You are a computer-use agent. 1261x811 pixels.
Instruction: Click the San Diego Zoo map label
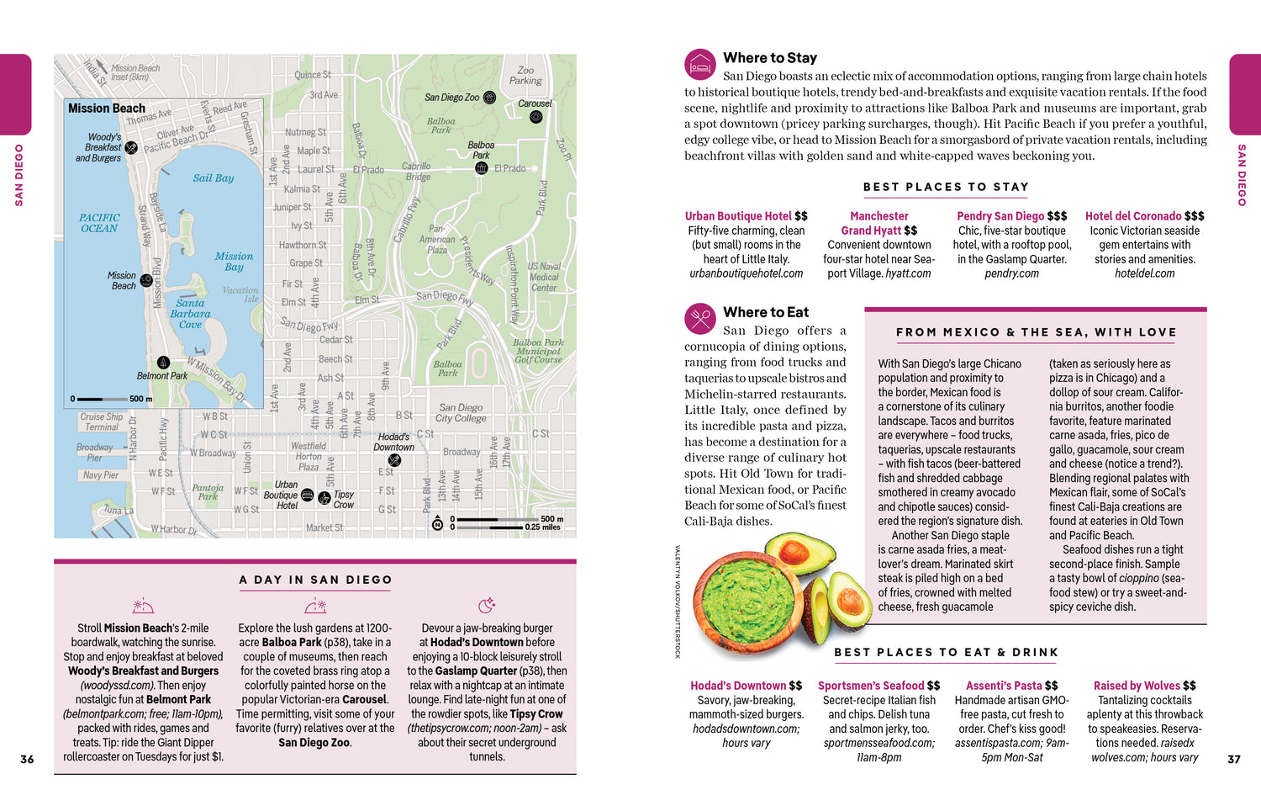click(x=451, y=98)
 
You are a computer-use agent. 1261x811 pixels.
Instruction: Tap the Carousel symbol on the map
click(x=536, y=117)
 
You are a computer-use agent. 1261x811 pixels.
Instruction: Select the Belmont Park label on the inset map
click(x=162, y=376)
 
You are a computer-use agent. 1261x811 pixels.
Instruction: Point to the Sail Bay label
click(x=214, y=178)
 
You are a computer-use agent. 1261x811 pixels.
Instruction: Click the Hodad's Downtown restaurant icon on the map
click(x=394, y=460)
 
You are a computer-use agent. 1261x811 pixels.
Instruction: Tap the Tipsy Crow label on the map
click(x=344, y=500)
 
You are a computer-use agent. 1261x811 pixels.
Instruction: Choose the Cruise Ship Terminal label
click(x=102, y=421)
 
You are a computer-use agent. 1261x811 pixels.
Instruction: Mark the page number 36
click(x=27, y=759)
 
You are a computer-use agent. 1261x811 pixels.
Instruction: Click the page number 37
click(x=1233, y=759)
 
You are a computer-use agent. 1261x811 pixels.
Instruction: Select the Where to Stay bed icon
click(x=699, y=64)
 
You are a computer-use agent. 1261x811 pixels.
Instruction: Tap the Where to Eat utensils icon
click(x=699, y=318)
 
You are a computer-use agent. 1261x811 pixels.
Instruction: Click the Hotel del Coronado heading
click(x=1144, y=216)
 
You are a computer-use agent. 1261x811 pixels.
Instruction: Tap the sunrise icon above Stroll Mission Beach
click(x=143, y=606)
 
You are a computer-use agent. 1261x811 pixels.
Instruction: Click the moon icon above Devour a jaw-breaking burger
click(x=487, y=606)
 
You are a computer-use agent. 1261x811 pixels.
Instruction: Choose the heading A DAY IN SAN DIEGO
click(x=315, y=580)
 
